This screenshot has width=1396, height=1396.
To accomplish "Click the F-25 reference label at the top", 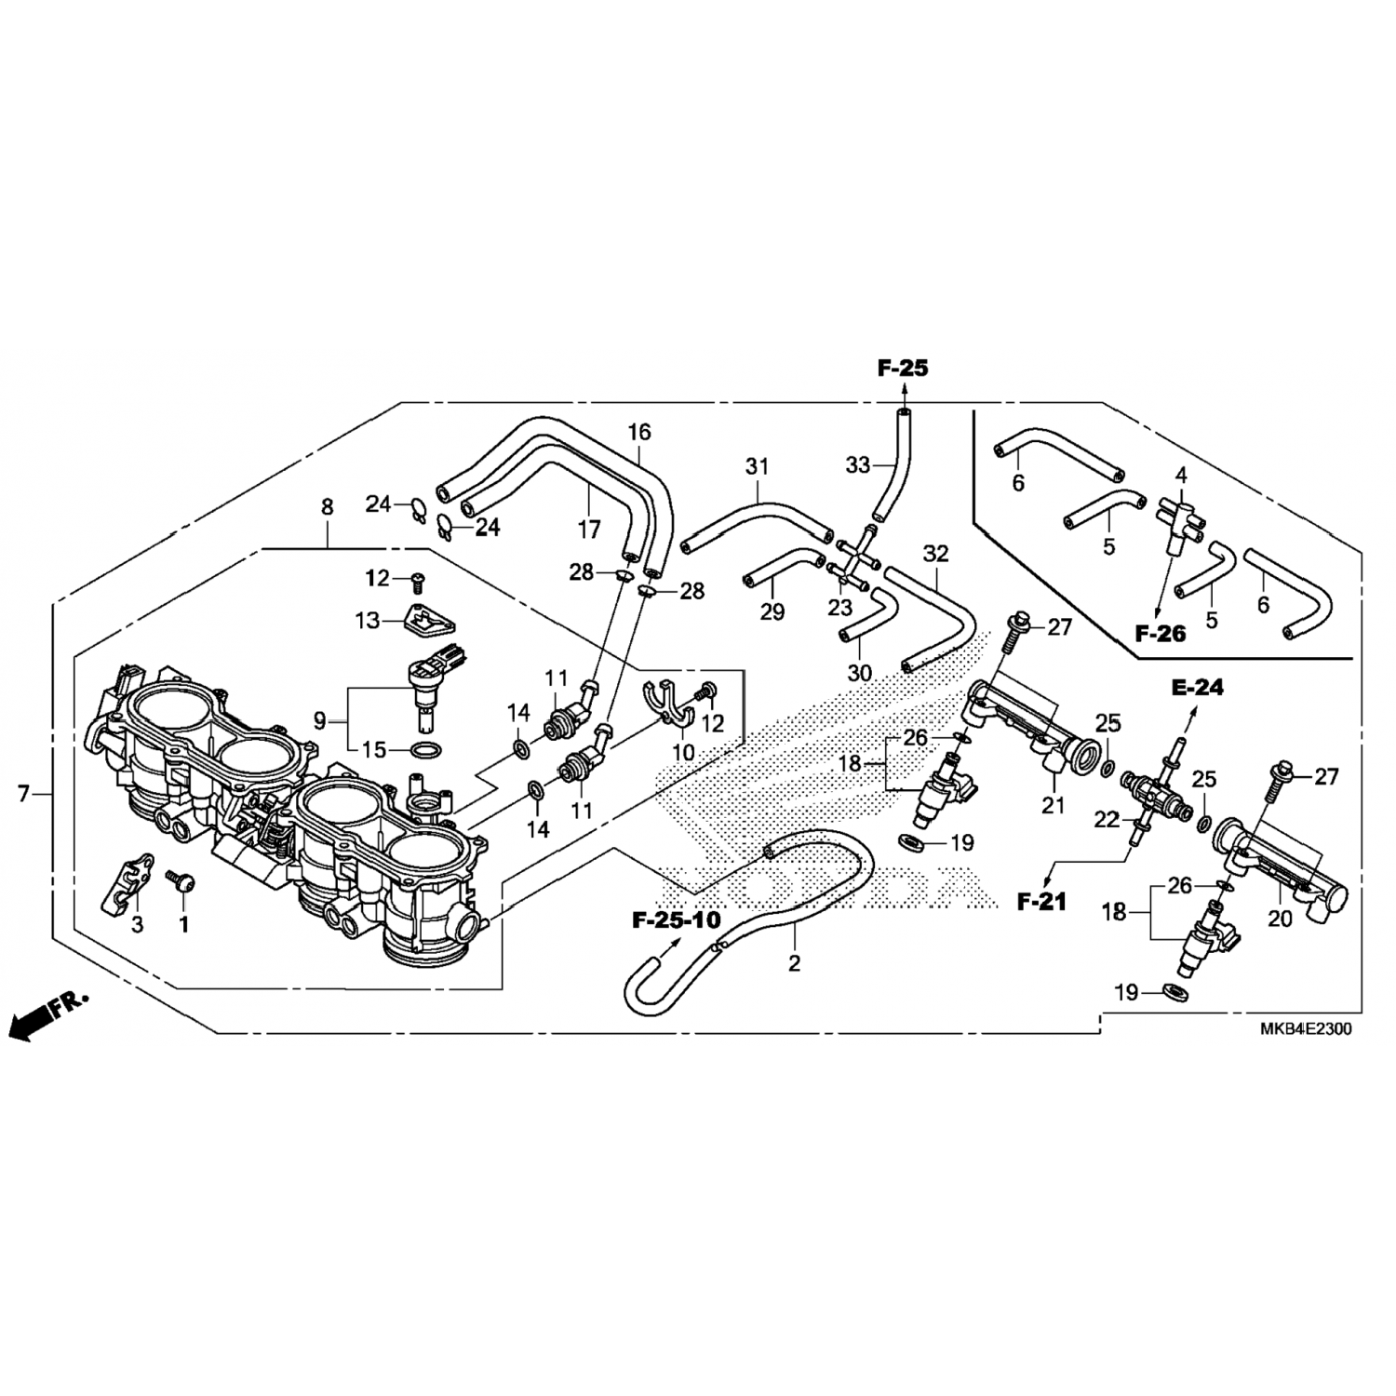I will coord(902,369).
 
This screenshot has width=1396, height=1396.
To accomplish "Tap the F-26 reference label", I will coord(1160,634).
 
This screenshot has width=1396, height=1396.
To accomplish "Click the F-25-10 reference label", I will coord(677,920).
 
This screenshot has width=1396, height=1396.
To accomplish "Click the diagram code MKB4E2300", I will coord(1306,1029).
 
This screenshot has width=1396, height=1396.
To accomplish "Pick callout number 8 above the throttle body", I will coord(327,507).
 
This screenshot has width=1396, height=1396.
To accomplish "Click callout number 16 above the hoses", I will coord(639,432).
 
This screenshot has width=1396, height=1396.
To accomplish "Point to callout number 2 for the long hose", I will coord(794,964).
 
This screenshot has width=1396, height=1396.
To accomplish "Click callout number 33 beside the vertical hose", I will coord(856,464).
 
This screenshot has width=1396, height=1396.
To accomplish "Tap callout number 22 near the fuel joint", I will coord(1107,820).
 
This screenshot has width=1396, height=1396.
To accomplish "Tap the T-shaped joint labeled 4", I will coord(1179,517).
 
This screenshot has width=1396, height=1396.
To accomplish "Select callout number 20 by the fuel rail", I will coord(1281,918).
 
